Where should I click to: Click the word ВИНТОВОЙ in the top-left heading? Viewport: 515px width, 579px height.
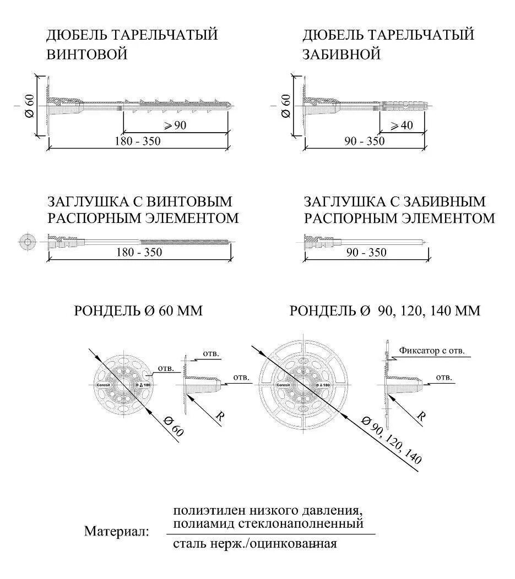(x=88, y=54)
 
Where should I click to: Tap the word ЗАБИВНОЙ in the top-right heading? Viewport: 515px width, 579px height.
(x=342, y=54)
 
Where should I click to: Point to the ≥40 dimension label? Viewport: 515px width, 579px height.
(x=402, y=125)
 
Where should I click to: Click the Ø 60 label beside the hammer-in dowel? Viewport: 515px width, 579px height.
(x=285, y=106)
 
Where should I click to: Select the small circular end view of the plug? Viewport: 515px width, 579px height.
(x=27, y=242)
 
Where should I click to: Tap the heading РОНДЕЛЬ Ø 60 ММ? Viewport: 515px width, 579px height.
(x=138, y=311)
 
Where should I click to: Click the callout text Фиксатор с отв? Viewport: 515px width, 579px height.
(x=432, y=350)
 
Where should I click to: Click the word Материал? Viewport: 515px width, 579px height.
(x=116, y=532)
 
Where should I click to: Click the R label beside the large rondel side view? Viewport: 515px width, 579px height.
(x=421, y=416)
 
